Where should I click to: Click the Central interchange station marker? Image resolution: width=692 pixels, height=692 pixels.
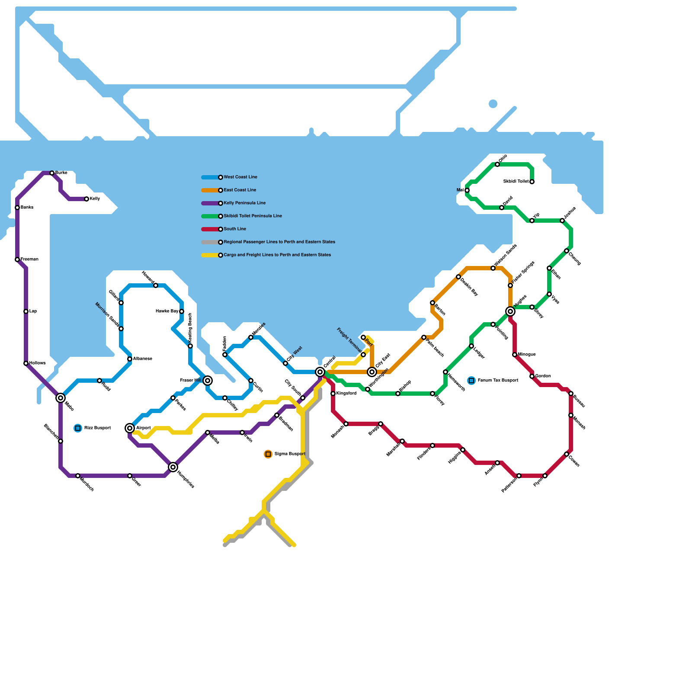click(x=320, y=372)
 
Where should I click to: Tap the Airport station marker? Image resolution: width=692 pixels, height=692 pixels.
click(x=130, y=428)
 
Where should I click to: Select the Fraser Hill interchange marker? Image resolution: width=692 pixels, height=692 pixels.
click(x=208, y=381)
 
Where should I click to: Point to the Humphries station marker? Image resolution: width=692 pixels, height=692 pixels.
click(x=173, y=467)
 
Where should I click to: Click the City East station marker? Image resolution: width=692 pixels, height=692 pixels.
click(x=372, y=372)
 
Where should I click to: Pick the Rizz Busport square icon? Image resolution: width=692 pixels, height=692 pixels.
click(x=78, y=428)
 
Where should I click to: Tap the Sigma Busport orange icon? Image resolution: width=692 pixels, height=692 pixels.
click(x=268, y=454)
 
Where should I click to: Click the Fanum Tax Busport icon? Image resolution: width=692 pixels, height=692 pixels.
click(x=471, y=381)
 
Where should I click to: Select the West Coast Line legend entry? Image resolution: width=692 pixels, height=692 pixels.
click(x=240, y=177)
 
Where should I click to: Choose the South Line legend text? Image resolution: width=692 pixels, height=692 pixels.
click(x=235, y=229)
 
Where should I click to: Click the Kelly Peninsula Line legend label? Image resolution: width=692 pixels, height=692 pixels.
click(x=245, y=203)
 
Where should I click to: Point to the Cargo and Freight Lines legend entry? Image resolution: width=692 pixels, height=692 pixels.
click(x=277, y=255)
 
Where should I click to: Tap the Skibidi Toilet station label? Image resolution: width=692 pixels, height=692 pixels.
click(x=516, y=182)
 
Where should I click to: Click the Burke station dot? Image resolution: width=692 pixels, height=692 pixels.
click(x=52, y=173)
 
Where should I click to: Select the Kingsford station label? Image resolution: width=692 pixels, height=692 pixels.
click(x=346, y=394)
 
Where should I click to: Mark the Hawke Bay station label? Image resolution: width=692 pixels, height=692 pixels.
click(x=167, y=311)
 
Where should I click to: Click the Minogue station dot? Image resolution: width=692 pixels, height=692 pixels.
click(x=515, y=355)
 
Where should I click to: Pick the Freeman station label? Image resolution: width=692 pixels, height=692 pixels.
click(x=29, y=259)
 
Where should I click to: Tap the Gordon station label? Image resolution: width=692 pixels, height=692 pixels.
click(x=543, y=376)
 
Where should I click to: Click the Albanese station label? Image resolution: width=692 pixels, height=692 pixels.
click(x=143, y=359)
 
